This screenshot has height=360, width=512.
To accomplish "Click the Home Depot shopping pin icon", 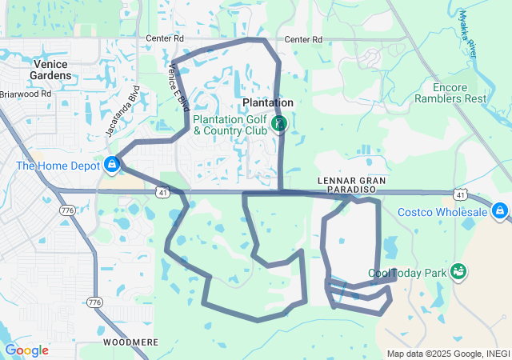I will point(112,166).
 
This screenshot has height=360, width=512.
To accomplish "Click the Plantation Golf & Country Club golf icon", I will point(278,123).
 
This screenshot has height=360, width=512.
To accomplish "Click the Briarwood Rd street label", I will point(26,94).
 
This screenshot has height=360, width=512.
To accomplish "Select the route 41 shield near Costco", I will point(460,194).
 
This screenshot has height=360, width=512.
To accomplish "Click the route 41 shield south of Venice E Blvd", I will point(162,193).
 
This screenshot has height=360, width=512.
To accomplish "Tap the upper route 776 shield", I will point(66,210).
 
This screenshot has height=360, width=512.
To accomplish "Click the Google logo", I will point(26,350).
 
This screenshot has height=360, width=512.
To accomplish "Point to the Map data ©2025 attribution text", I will point(447,354).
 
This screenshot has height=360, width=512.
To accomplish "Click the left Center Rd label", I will point(165,38).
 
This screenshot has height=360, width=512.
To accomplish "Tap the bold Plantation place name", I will point(268,103).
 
